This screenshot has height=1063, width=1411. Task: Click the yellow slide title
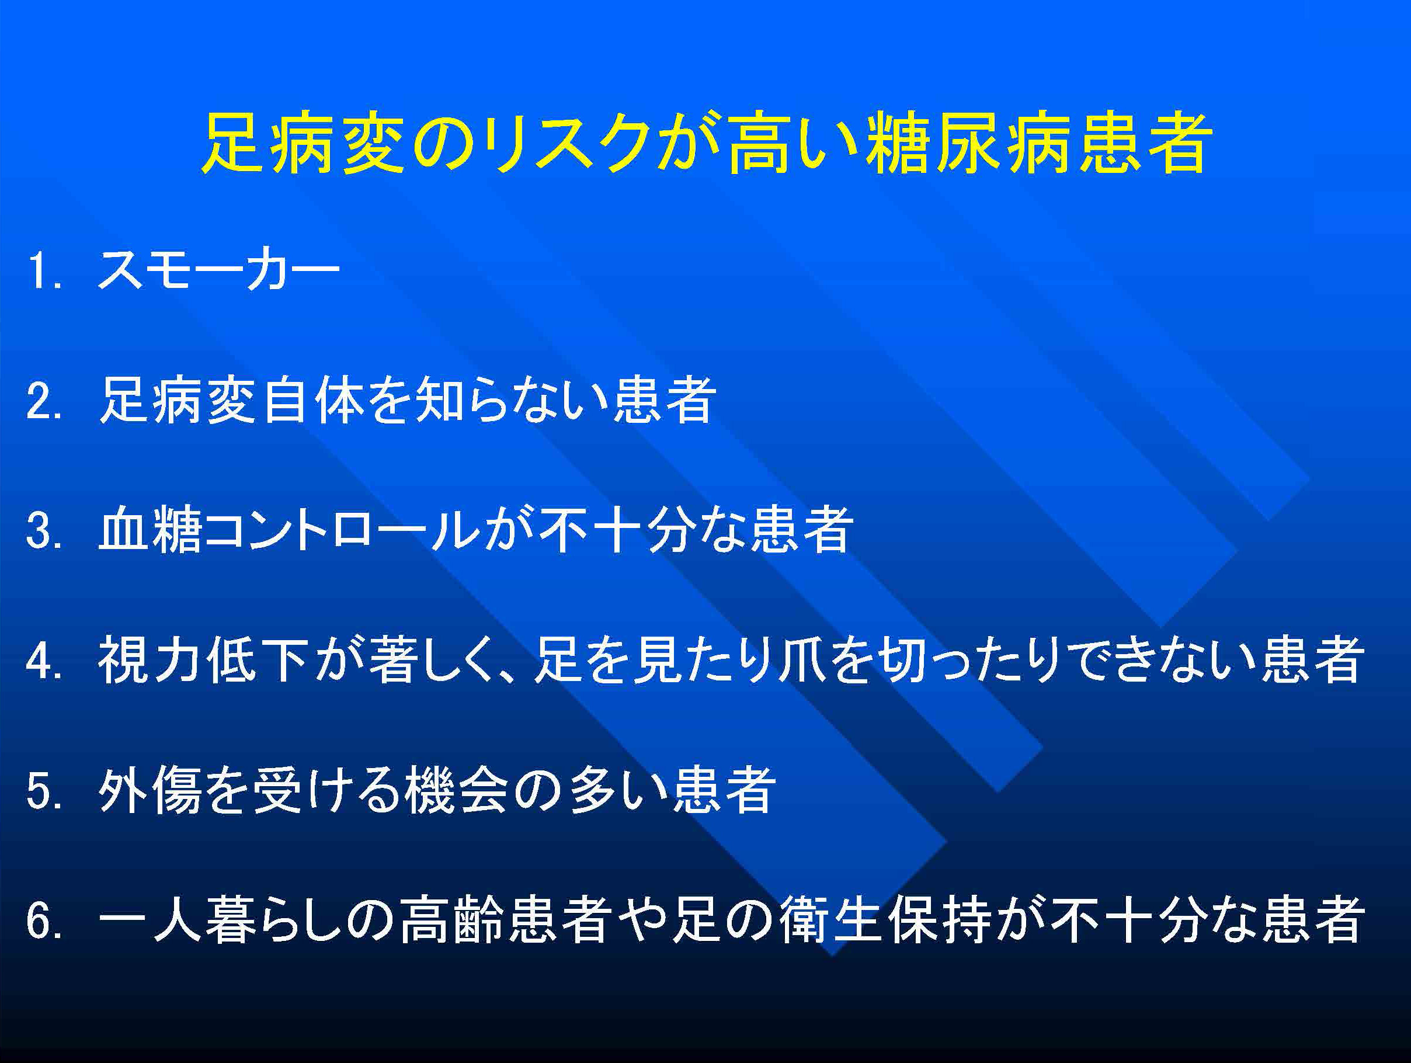(x=707, y=143)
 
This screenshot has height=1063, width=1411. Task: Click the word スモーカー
(x=219, y=269)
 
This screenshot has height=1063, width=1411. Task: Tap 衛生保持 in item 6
(x=887, y=920)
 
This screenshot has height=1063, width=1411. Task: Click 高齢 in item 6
(x=452, y=920)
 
